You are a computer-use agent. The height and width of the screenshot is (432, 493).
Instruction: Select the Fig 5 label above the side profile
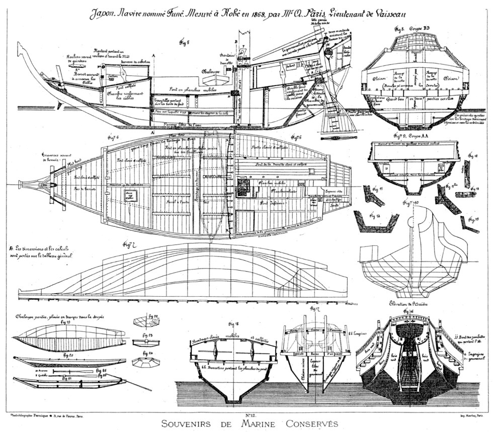point(185,43)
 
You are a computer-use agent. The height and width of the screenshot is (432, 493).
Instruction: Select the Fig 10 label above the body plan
point(409,202)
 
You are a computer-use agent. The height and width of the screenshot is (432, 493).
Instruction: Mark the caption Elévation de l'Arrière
point(408,303)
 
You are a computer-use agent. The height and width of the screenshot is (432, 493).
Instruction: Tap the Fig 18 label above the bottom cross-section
point(233,324)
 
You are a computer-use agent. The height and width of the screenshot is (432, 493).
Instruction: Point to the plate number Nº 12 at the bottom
point(250,415)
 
